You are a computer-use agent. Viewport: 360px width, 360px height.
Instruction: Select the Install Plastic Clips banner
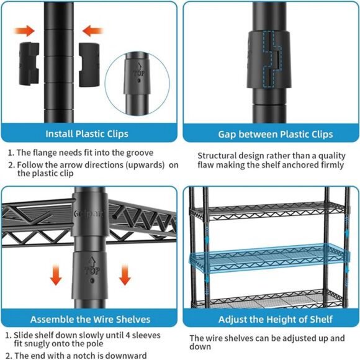pos(87,133)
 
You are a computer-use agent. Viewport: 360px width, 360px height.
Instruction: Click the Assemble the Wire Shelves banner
pos(90,319)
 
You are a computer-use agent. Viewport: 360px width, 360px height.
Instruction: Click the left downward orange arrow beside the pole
pos(56,274)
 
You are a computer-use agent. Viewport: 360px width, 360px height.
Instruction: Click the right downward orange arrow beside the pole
pos(125,274)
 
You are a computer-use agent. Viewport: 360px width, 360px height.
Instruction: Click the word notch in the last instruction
pos(87,356)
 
